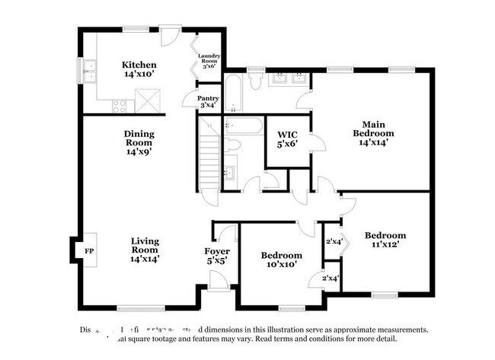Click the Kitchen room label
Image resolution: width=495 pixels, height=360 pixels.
[140, 70]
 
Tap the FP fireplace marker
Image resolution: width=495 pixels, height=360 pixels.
[89, 250]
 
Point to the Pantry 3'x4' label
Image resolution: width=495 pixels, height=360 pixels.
[209, 102]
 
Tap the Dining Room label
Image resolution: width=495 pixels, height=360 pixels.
[139, 142]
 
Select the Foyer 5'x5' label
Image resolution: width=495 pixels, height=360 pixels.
[216, 256]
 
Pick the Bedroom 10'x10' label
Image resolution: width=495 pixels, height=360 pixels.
[281, 260]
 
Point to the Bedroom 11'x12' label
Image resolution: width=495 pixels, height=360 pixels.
[385, 240]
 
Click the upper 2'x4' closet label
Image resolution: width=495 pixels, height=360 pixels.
[334, 242]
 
